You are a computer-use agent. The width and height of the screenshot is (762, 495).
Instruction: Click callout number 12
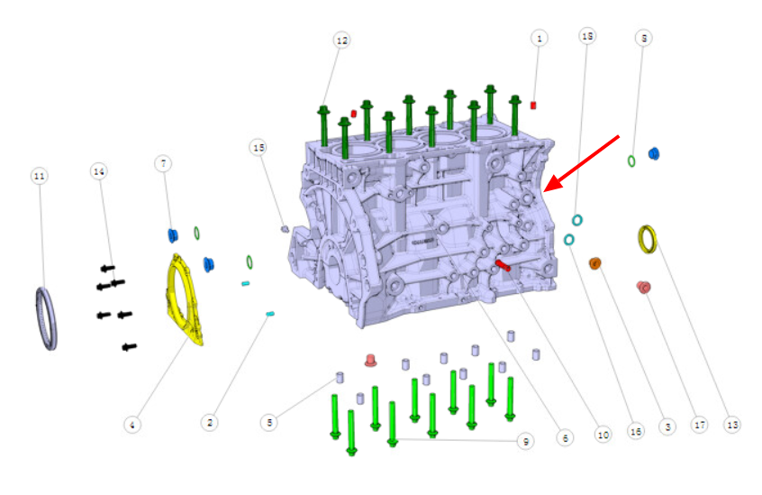tap(342, 41)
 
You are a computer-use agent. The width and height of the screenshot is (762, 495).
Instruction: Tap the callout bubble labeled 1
tap(539, 39)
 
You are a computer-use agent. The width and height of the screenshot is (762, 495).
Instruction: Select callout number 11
tap(40, 176)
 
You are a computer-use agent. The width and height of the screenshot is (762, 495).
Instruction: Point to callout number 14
tap(99, 171)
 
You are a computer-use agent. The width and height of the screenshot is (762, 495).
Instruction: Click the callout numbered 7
tap(163, 163)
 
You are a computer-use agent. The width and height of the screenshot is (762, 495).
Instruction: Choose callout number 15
tap(259, 147)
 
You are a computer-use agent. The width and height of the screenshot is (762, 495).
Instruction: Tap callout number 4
tap(132, 425)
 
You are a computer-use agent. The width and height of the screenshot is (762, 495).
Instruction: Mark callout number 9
tap(525, 442)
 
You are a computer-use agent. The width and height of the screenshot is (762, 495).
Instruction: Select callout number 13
tap(732, 425)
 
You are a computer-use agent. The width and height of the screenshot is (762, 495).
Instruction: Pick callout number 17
tap(700, 425)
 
